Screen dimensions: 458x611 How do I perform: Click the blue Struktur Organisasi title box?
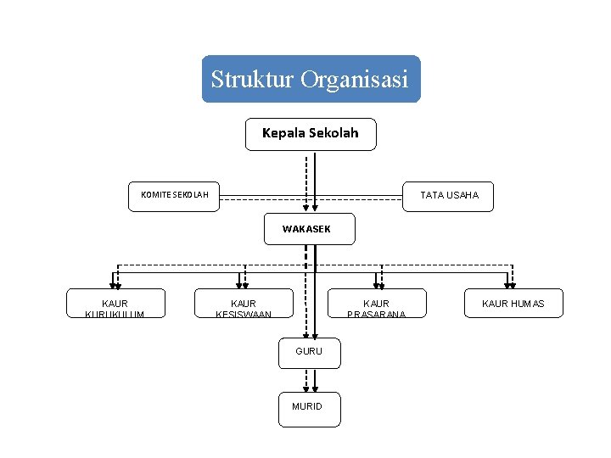coord(311,79)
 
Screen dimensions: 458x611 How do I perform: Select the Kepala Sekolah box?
coord(311,134)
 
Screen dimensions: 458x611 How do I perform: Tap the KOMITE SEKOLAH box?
coord(174,196)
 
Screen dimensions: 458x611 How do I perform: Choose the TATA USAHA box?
coord(449,196)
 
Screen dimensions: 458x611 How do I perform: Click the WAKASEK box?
coord(309,229)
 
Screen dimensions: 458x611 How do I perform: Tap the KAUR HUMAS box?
coord(513,304)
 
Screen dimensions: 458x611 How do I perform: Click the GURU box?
coord(309,352)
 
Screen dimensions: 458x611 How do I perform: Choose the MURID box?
coord(309,407)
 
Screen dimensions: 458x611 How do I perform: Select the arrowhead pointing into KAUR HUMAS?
coord(510,285)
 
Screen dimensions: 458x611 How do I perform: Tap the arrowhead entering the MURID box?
coord(309,387)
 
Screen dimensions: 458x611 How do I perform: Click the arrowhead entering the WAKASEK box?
coord(311,206)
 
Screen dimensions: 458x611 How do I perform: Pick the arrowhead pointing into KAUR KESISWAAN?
coord(242,285)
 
